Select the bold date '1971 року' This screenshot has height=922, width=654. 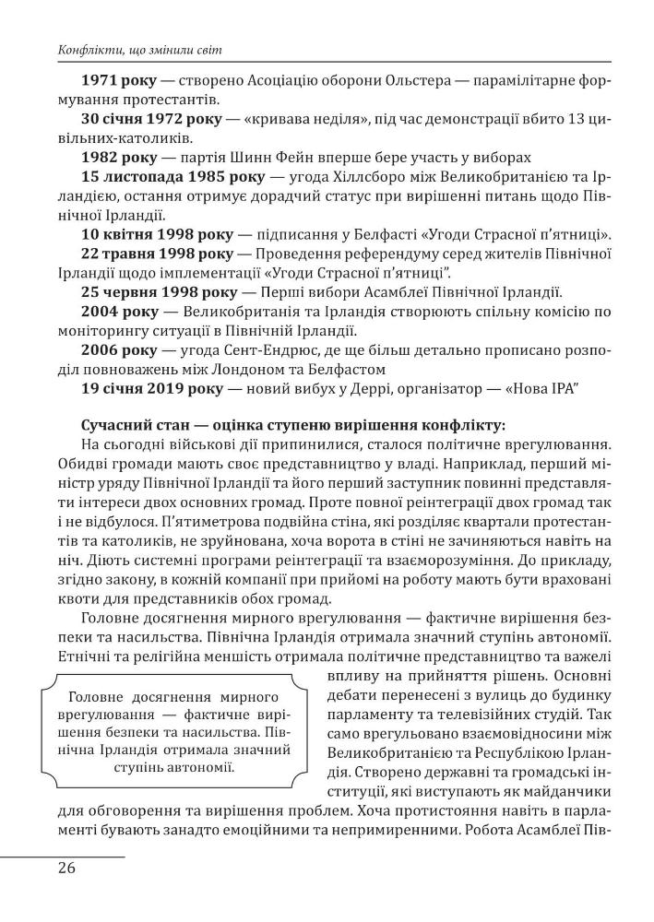(123, 81)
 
